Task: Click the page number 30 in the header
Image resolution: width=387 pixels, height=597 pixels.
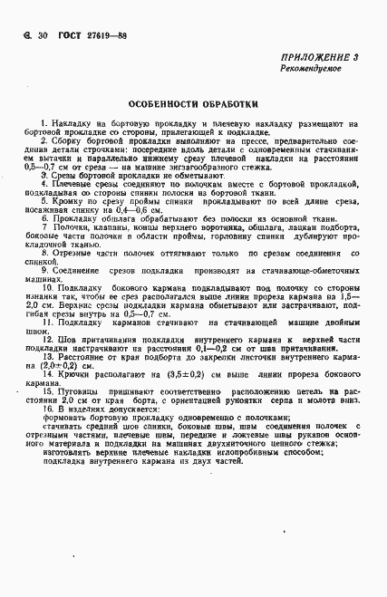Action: pos(41,34)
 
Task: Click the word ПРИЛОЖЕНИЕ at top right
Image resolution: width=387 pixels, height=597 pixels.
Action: pos(308,57)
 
